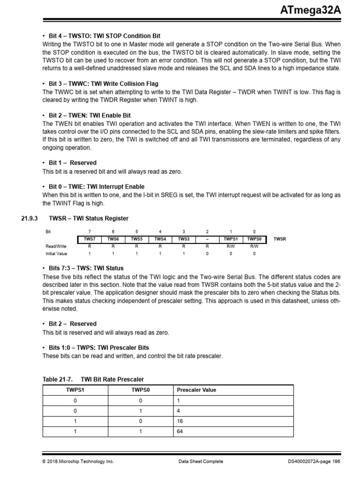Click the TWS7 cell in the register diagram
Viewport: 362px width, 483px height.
89,239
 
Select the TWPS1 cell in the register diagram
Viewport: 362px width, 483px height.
230,239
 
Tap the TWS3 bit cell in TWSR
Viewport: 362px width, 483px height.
183,239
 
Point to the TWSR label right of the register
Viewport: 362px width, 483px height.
280,239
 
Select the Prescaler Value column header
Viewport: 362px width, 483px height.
197,390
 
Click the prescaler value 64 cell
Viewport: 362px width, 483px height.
181,431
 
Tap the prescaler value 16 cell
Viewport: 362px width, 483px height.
181,421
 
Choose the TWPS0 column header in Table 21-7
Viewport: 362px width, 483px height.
140,390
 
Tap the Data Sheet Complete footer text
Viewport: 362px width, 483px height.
201,461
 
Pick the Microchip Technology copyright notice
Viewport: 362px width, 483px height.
78,461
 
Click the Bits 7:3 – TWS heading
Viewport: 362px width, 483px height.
86,268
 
